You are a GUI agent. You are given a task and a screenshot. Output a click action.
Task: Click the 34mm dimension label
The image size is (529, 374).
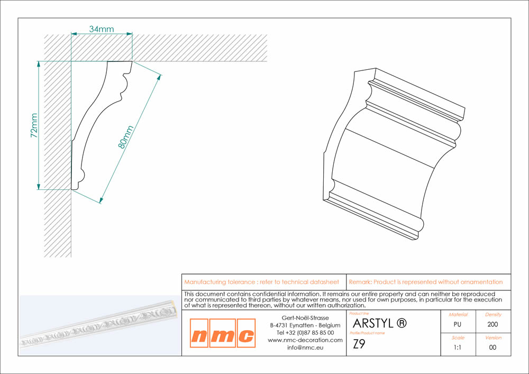(101, 29)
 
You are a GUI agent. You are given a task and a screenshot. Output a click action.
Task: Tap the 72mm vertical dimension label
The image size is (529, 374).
(34, 125)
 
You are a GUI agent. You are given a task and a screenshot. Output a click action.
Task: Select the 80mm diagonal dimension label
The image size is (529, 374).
(125, 137)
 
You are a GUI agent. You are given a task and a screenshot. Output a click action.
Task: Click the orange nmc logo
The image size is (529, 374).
(223, 333)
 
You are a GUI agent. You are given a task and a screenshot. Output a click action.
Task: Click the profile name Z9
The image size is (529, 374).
(359, 344)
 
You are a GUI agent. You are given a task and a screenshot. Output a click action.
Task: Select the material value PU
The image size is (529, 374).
(457, 324)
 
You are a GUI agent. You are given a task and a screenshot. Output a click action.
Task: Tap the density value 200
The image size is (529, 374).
(492, 324)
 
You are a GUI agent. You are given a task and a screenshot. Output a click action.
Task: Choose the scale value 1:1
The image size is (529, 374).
(457, 348)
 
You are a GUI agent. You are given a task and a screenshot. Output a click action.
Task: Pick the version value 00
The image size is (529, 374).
(492, 348)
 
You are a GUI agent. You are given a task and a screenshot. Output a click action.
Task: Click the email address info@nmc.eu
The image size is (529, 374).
(305, 348)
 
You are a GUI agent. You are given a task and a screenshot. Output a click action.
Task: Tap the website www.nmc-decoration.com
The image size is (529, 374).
(305, 340)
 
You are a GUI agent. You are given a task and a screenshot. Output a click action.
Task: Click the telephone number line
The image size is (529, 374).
(305, 333)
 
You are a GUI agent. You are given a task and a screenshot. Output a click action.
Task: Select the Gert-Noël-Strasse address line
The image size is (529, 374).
(305, 318)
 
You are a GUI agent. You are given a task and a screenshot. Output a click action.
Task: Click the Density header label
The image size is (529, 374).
(493, 315)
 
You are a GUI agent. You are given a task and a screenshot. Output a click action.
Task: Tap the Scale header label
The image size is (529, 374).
(458, 337)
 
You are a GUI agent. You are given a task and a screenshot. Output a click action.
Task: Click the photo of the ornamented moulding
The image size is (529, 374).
(99, 325)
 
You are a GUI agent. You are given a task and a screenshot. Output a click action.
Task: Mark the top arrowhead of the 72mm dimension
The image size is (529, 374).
(39, 65)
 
